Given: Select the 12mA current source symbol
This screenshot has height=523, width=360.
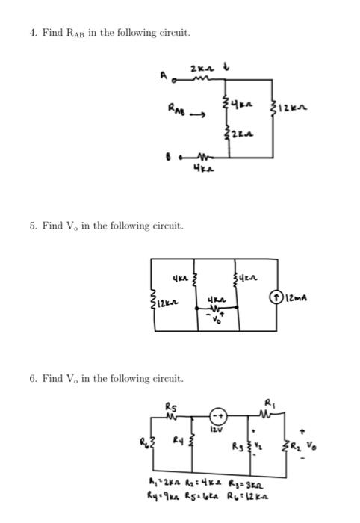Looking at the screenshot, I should (301, 300).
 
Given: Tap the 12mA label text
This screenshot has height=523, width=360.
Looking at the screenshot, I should (321, 300).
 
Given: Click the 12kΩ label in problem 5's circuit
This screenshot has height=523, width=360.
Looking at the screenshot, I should (166, 302).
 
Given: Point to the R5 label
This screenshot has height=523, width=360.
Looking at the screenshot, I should (170, 407).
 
